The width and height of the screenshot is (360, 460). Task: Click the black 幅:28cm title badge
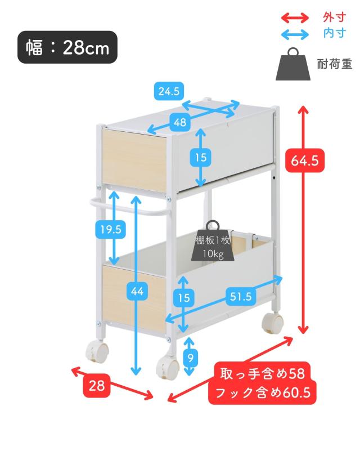pyautogui.click(x=67, y=47)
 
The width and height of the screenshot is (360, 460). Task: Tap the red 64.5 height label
pyautogui.click(x=305, y=160)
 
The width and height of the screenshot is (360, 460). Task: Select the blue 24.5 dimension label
pyautogui.click(x=168, y=91)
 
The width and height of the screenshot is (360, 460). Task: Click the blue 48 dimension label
pyautogui.click(x=180, y=122)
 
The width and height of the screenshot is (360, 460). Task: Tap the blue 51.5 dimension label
pyautogui.click(x=241, y=297)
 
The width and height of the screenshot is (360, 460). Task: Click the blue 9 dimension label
pyautogui.click(x=191, y=357)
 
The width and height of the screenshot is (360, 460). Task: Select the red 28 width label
pyautogui.click(x=97, y=386)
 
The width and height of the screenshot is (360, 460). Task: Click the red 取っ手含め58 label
pyautogui.click(x=262, y=373)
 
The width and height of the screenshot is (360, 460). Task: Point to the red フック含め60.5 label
pyautogui.click(x=262, y=392)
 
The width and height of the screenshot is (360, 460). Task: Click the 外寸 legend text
pyautogui.click(x=334, y=17)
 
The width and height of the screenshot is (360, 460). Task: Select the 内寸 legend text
pyautogui.click(x=334, y=33)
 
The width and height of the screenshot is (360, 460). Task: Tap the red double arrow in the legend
pyautogui.click(x=295, y=17)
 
